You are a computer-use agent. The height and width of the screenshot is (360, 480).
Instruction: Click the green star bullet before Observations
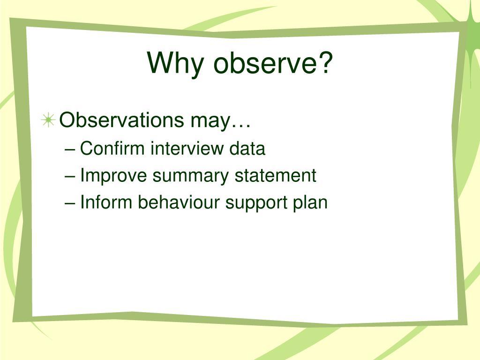(48, 120)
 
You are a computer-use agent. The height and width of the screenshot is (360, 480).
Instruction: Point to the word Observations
(121, 120)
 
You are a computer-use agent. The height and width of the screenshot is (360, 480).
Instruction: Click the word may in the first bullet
(210, 122)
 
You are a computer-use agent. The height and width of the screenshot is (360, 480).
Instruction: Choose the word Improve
(113, 176)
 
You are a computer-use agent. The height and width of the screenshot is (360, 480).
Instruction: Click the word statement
(275, 176)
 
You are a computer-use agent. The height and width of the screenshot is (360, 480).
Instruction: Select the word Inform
(106, 202)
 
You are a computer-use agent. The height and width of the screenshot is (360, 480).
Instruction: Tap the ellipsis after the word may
(241, 126)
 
